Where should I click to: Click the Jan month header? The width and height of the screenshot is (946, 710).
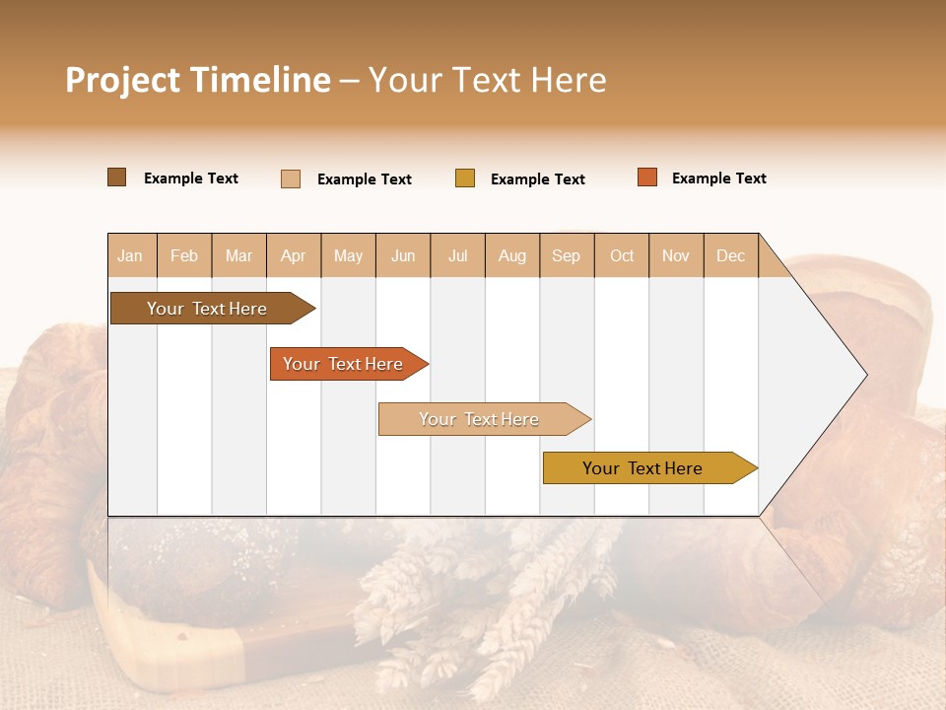point(131,255)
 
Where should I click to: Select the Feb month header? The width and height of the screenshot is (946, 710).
point(184,255)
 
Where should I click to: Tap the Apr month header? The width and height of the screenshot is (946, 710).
point(293,255)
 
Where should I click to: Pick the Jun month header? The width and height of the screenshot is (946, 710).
point(403,255)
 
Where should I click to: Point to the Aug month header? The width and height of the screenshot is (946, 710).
point(512,255)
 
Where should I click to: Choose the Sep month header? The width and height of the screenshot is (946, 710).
point(567,255)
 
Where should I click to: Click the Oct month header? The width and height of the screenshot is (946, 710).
point(622,255)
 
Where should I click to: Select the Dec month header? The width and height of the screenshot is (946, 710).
point(730,255)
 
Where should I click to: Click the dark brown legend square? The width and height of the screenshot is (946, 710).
point(117,177)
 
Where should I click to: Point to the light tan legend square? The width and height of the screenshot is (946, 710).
point(291,178)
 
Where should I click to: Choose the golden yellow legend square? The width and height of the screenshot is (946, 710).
point(465,178)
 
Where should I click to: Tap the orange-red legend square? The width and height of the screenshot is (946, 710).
point(647,177)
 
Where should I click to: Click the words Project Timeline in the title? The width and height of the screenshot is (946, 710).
point(198,80)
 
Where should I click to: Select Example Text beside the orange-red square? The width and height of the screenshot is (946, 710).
point(718,178)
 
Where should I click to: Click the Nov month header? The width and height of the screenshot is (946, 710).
point(676,255)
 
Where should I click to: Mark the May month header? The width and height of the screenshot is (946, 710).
point(348,255)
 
